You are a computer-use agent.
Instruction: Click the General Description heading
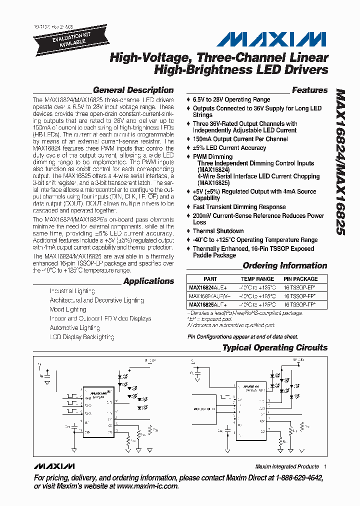[133, 90]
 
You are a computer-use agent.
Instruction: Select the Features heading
[309, 90]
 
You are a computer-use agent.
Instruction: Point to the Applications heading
[148, 281]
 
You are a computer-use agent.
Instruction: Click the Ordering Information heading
[284, 266]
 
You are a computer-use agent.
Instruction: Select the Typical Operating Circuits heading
[274, 347]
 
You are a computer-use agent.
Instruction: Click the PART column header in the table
[210, 279]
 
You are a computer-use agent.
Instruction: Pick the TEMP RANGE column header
[257, 279]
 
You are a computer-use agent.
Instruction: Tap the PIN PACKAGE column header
[300, 279]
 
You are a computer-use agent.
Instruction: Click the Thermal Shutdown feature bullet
[218, 231]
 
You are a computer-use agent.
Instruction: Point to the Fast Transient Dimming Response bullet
[239, 207]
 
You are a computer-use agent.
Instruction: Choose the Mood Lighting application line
[68, 309]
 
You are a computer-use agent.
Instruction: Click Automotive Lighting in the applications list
[74, 328]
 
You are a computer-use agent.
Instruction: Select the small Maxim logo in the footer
[54, 466]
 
